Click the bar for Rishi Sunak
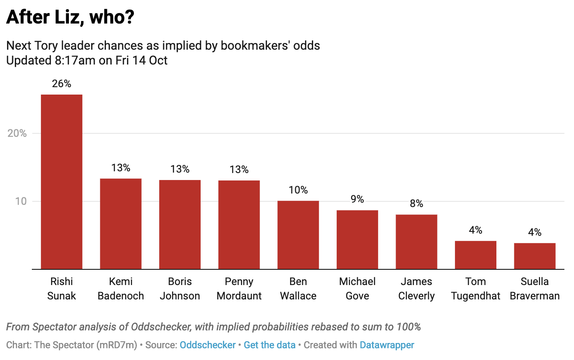click(x=61, y=182)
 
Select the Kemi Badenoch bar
click(x=121, y=224)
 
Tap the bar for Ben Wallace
click(x=298, y=235)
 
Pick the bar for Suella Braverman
click(x=535, y=256)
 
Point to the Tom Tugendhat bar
click(x=475, y=255)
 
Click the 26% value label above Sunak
click(x=61, y=84)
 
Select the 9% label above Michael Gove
click(x=357, y=199)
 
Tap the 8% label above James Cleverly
click(x=417, y=204)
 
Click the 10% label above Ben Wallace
click(x=298, y=190)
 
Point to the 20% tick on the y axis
click(x=17, y=133)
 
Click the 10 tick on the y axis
click(x=22, y=201)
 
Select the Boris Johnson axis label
click(x=180, y=289)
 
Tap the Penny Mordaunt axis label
click(x=239, y=289)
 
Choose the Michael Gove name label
click(x=357, y=289)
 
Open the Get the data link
click(x=270, y=345)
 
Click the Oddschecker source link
click(x=208, y=345)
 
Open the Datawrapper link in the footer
click(x=387, y=345)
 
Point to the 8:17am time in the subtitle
click(x=74, y=60)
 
